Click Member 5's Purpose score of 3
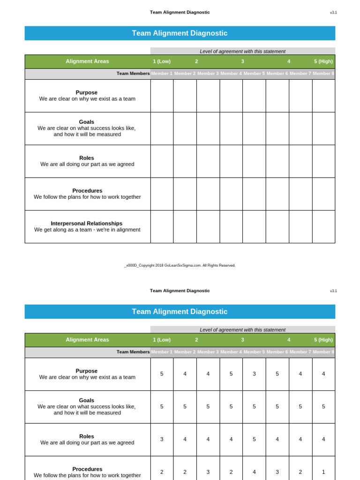click(254, 374)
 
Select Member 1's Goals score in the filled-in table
click(162, 407)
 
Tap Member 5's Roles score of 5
click(254, 439)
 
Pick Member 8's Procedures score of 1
click(323, 472)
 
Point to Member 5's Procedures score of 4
click(254, 472)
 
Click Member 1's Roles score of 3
click(162, 439)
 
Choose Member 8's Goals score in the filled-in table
click(323, 407)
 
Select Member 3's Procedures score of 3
click(208, 472)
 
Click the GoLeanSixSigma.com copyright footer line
click(180, 265)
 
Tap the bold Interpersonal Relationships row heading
click(87, 224)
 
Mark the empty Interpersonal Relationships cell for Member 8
click(323, 226)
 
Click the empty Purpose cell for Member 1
click(162, 96)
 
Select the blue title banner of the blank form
click(180, 33)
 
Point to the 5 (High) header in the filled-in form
click(323, 340)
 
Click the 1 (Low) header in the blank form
click(162, 61)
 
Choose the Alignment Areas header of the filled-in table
click(87, 340)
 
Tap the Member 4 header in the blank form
click(231, 74)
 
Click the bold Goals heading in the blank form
click(87, 122)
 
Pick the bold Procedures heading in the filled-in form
click(87, 469)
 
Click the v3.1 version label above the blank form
click(333, 13)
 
